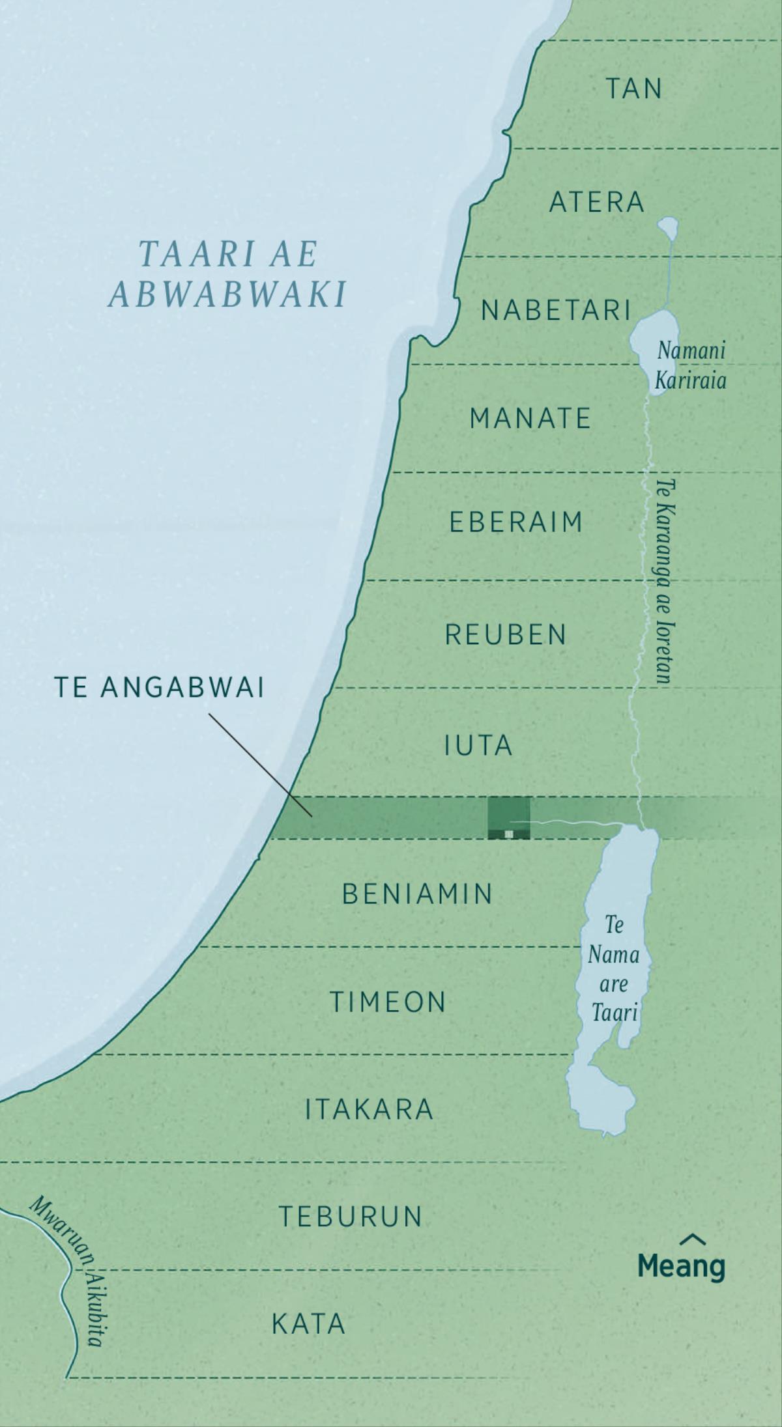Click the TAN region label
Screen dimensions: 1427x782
[x=634, y=89]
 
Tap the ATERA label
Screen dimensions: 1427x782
[x=596, y=203]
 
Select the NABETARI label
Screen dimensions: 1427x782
[x=557, y=311]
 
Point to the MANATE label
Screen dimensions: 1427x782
[x=530, y=418]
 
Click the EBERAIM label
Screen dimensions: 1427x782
[x=515, y=522]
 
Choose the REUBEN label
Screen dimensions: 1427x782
[x=506, y=634]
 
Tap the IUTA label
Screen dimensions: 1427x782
[x=478, y=746]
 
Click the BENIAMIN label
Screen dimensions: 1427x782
[x=418, y=894]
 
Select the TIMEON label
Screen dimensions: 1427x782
[x=388, y=1002]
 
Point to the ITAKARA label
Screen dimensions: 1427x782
[x=369, y=1109]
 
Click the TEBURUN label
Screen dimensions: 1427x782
[x=351, y=1217]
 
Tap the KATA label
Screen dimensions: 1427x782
[x=308, y=1324]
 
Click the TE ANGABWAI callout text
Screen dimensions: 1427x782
[x=160, y=688]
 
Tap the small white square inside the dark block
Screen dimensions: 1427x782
[x=509, y=833]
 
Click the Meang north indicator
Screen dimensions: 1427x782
[x=681, y=1260]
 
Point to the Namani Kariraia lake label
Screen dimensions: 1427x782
[x=691, y=365]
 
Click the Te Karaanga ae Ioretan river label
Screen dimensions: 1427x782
[x=663, y=581]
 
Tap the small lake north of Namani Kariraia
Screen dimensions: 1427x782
[x=668, y=227]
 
